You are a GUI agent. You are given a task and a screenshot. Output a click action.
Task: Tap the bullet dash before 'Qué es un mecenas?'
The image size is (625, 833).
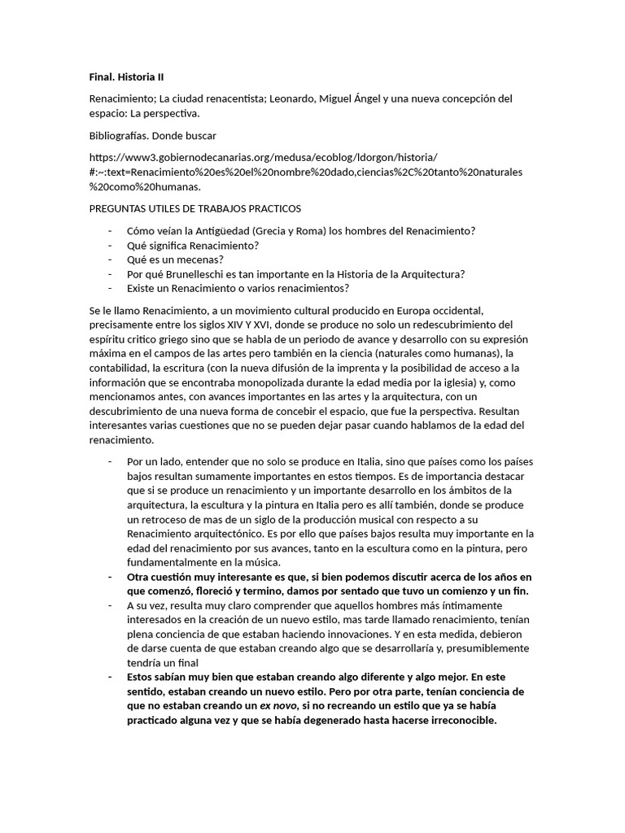(x=110, y=259)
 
